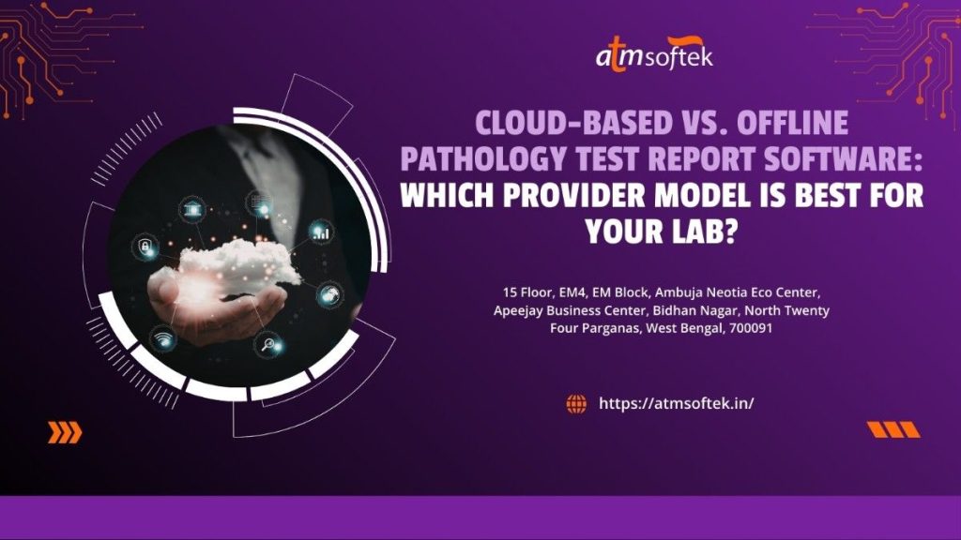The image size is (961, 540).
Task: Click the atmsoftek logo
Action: click(x=654, y=54)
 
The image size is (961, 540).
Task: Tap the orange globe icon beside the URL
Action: click(x=576, y=403)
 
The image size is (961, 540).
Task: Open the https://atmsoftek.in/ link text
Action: click(x=676, y=403)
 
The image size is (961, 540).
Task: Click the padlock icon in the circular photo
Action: click(x=145, y=247)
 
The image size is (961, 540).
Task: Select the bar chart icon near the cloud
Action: click(x=321, y=232)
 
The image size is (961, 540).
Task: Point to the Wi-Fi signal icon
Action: click(x=162, y=339)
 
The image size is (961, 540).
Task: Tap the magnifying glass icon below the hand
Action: click(x=267, y=345)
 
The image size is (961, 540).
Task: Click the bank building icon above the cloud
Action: click(x=192, y=210)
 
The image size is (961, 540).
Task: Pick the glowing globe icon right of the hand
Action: click(x=329, y=295)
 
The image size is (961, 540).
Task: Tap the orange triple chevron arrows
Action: click(x=65, y=432)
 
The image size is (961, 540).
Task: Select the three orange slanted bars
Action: click(x=893, y=429)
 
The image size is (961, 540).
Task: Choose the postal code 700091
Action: click(x=751, y=328)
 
